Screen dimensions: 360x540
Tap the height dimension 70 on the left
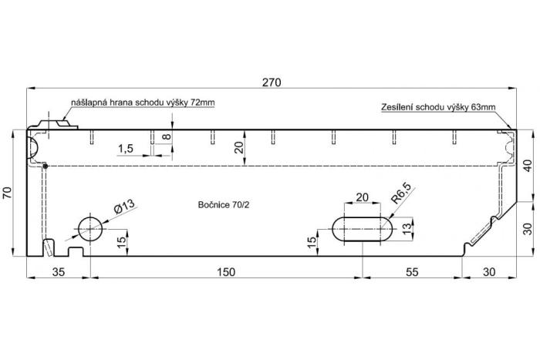[x=8, y=193]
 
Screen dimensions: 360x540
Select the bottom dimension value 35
[x=59, y=271]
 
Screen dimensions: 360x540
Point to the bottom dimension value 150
[x=225, y=271]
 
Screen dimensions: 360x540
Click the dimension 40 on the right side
[x=527, y=165]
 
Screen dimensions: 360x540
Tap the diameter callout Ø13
[x=124, y=206]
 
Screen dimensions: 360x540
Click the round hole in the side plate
[x=90, y=229]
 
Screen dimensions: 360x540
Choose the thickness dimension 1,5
[x=127, y=148]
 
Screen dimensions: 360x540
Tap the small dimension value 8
[x=167, y=137]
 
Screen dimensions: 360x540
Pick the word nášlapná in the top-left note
[x=89, y=103]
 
